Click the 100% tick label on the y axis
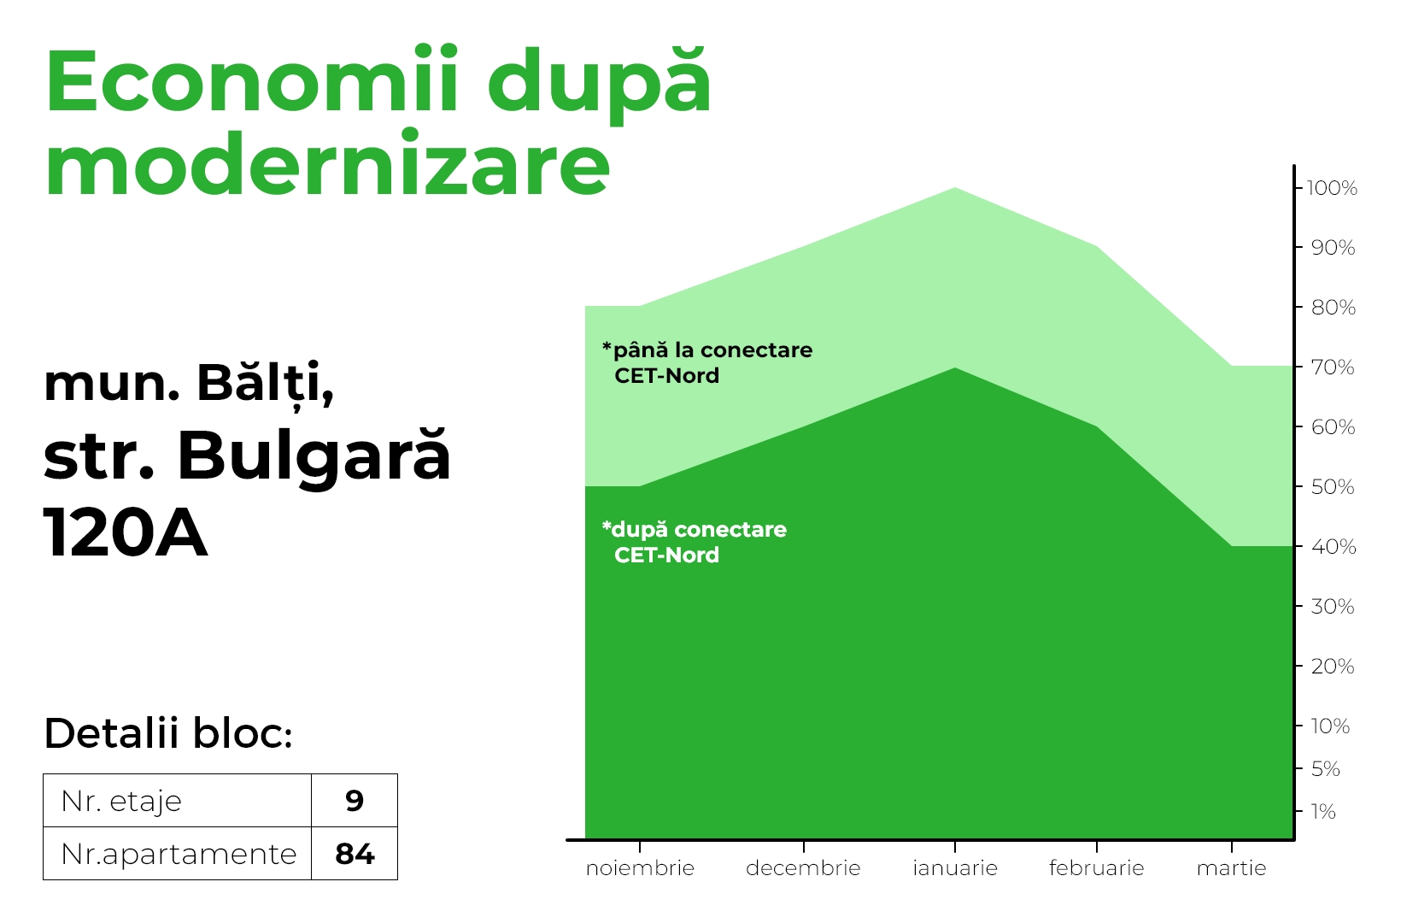[x=1332, y=188]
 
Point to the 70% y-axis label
[x=1333, y=367]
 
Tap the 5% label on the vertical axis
[x=1325, y=769]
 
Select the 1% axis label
[x=1323, y=812]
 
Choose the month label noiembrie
[x=640, y=868]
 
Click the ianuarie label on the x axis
[x=955, y=868]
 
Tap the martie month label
[x=1232, y=868]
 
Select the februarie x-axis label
[x=1096, y=868]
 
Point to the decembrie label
[x=803, y=868]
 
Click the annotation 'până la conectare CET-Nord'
[x=707, y=363]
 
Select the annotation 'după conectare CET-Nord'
[x=695, y=543]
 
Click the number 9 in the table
[x=355, y=801]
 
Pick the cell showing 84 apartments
[x=355, y=854]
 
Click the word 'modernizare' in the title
[x=327, y=163]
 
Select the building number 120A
[x=125, y=532]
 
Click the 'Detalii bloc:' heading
[x=168, y=733]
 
